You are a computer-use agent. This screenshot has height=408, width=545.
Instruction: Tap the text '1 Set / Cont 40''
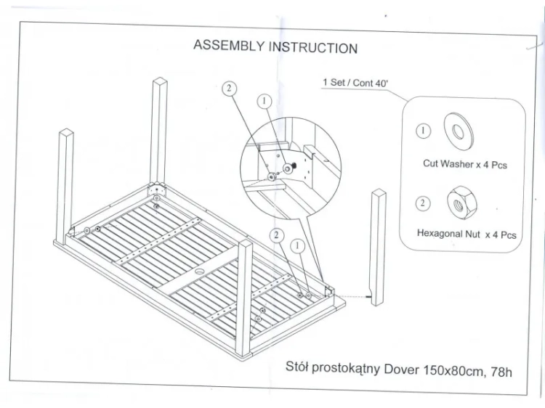click(x=355, y=83)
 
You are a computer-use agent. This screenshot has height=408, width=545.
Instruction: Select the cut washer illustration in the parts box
click(x=459, y=131)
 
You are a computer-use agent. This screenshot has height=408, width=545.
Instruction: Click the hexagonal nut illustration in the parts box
click(x=461, y=203)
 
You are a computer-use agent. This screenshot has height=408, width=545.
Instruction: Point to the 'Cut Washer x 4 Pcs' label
click(x=465, y=164)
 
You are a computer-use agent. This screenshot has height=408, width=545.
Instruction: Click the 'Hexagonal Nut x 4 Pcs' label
click(x=467, y=234)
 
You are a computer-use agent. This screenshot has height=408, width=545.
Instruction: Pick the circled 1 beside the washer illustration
click(x=423, y=131)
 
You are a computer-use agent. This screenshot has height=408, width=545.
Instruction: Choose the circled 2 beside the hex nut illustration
click(x=423, y=203)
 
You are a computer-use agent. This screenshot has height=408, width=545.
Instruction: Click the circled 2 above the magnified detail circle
click(x=229, y=89)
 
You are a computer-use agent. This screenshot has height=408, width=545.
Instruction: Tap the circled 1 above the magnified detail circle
click(x=265, y=102)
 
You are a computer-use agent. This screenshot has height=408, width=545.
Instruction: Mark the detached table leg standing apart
click(x=378, y=247)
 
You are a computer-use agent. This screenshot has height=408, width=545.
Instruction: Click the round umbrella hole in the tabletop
click(x=201, y=272)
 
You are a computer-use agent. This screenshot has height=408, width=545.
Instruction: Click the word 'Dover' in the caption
click(x=401, y=369)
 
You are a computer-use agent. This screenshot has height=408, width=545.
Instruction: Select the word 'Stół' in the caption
click(x=296, y=367)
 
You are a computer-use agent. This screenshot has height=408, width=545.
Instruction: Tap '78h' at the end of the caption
click(x=501, y=372)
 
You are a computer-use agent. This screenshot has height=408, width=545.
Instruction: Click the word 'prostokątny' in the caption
click(x=346, y=368)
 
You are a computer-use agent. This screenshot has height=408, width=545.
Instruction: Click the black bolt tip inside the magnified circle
click(x=294, y=166)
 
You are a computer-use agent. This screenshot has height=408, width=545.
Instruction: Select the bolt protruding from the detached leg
click(x=368, y=297)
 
